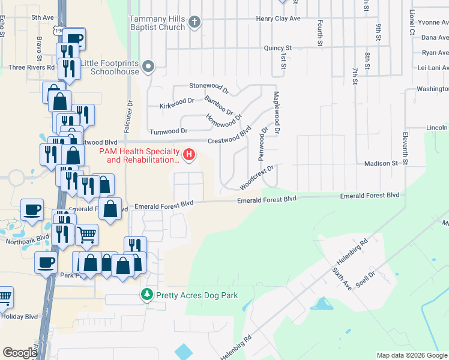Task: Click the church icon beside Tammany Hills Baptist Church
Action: click(x=193, y=23)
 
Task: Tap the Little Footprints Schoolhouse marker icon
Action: click(x=149, y=67)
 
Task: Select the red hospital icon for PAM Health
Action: click(x=190, y=155)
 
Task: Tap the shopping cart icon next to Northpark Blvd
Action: click(x=87, y=235)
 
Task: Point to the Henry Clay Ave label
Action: click(x=278, y=19)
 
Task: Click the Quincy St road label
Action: click(x=278, y=47)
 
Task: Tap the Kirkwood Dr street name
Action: click(x=178, y=106)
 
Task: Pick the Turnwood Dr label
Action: click(x=169, y=131)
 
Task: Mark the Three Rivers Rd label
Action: click(x=31, y=67)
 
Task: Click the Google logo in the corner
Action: click(x=20, y=353)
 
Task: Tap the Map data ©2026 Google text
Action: click(x=411, y=355)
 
